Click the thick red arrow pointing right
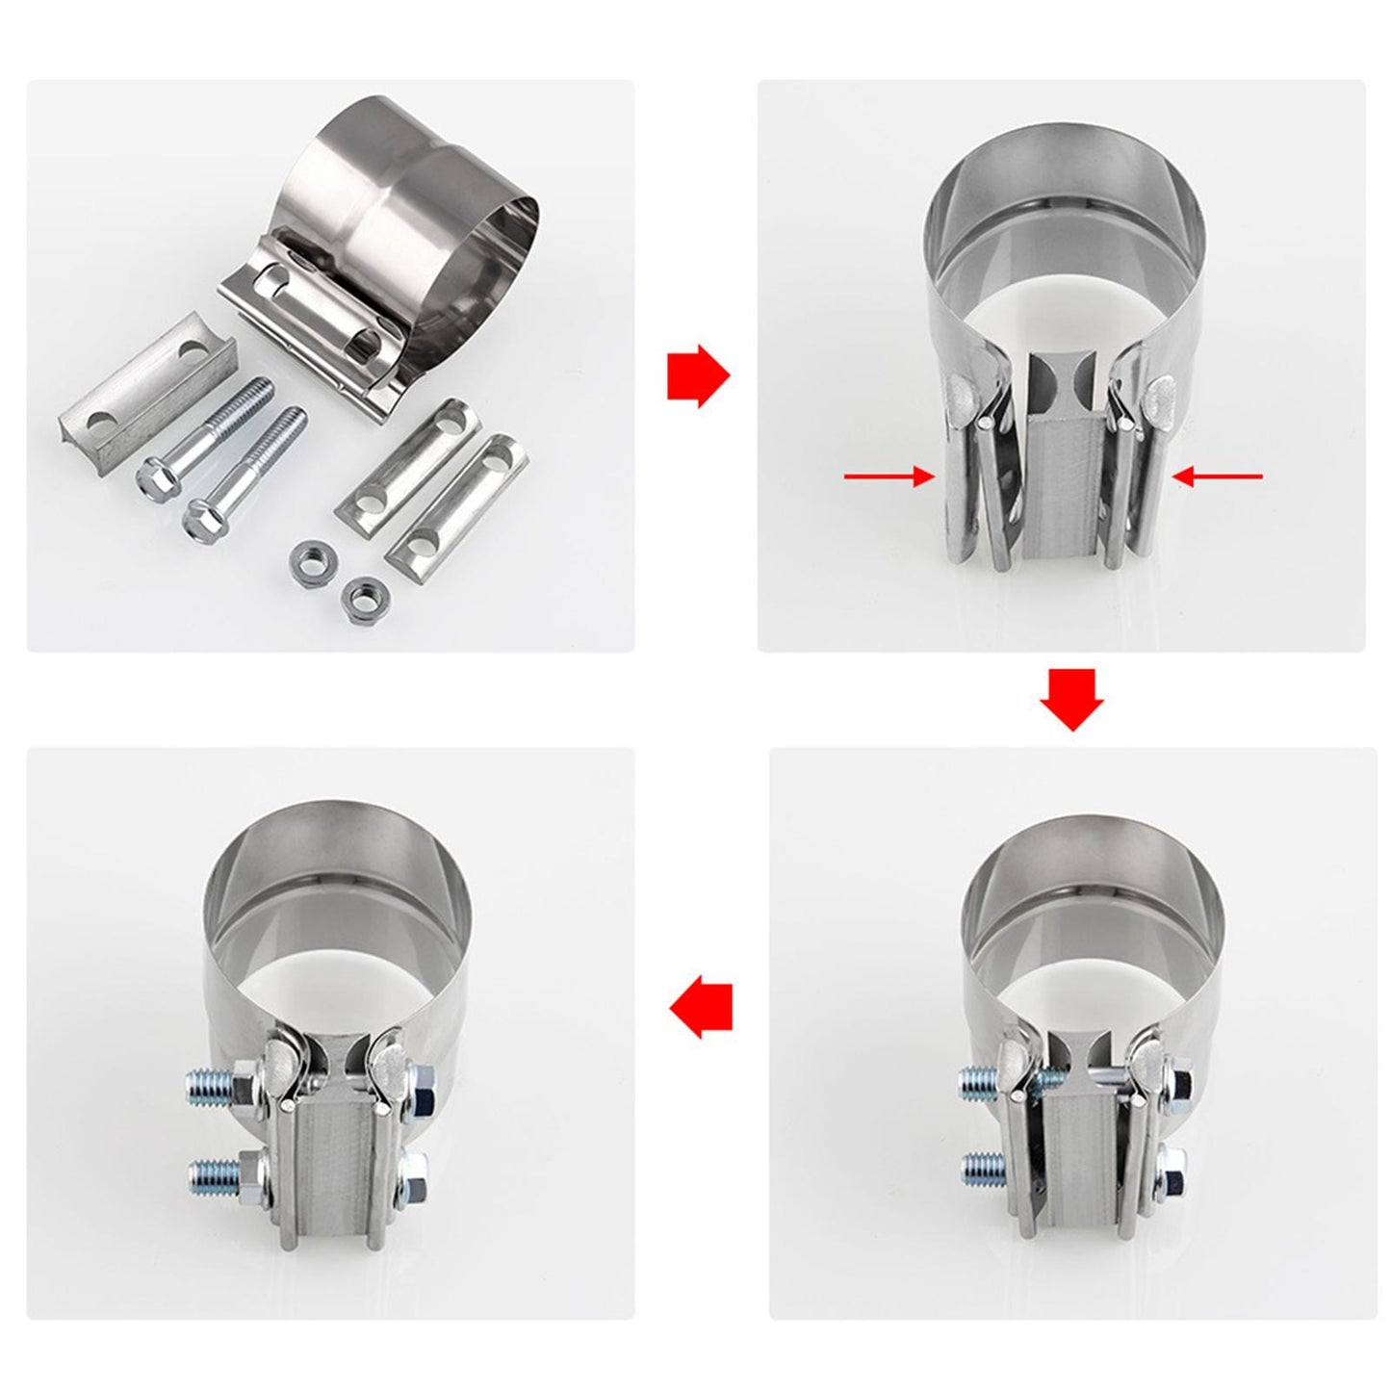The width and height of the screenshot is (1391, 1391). point(698,375)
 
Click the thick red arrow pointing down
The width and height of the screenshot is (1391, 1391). point(1070,699)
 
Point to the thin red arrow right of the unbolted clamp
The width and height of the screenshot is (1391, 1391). point(1218,475)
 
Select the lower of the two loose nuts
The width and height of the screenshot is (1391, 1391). point(359,599)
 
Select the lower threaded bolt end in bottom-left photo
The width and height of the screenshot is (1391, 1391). point(212,1172)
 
